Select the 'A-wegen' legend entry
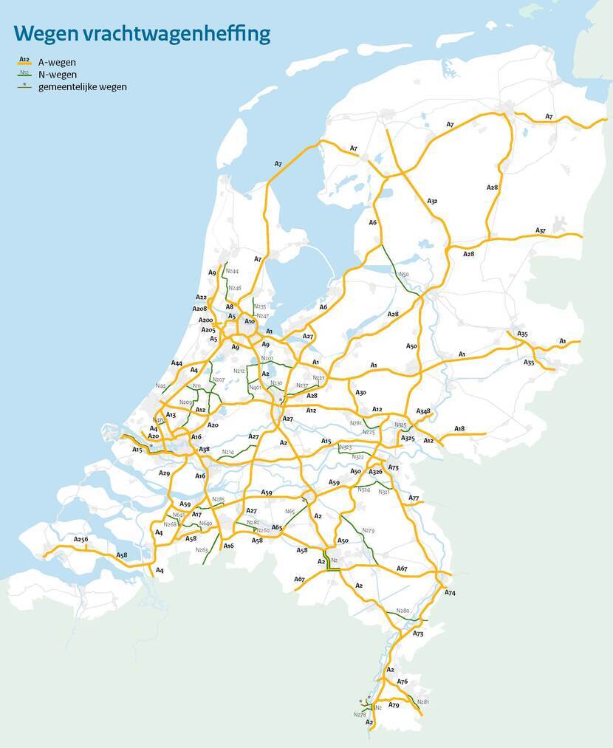[57, 62]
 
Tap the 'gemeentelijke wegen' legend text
[82, 86]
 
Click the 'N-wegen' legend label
[57, 74]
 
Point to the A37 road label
[541, 230]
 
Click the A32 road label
[432, 201]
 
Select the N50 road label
[403, 275]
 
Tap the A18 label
[459, 428]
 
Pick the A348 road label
[423, 411]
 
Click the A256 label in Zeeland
[81, 539]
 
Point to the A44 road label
[177, 363]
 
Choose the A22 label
[202, 297]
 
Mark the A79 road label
[394, 706]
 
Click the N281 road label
[422, 701]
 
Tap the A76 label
[403, 681]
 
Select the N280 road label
[403, 611]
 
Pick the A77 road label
[414, 498]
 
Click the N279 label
[368, 530]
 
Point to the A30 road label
[360, 393]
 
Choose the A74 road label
[450, 593]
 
